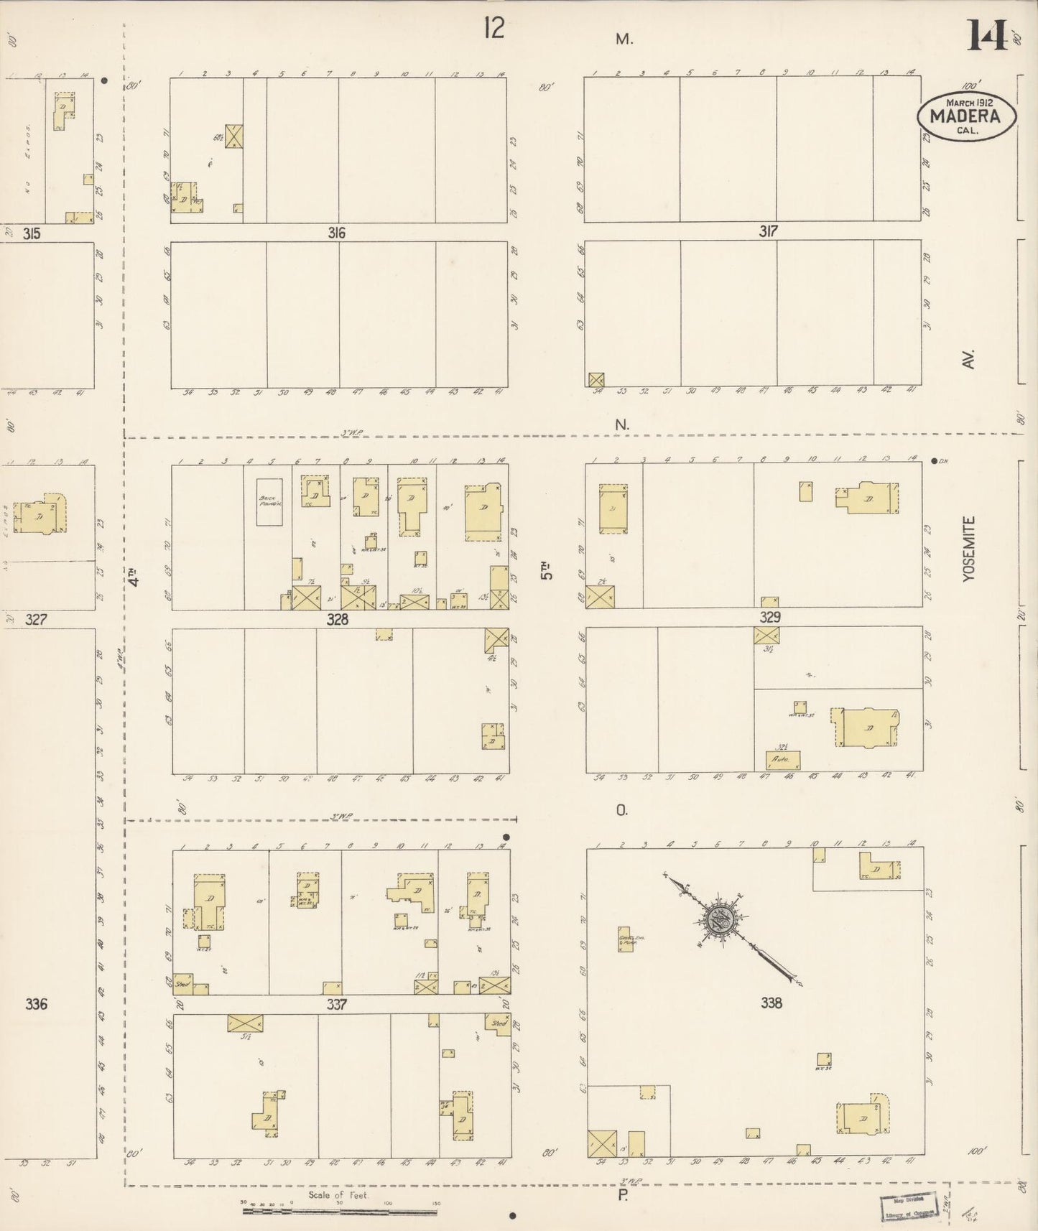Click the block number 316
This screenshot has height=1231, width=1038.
[336, 233]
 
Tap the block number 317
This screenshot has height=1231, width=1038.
[769, 231]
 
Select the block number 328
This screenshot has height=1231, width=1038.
[337, 619]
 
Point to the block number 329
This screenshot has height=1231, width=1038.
[770, 617]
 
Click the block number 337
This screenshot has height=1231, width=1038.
[337, 1005]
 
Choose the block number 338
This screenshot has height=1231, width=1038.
[771, 1003]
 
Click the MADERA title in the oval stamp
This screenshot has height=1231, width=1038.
[965, 116]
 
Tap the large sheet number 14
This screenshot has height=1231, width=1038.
[986, 36]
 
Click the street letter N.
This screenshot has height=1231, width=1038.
[621, 425]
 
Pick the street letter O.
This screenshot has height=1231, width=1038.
[621, 810]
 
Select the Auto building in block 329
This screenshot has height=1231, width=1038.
[782, 759]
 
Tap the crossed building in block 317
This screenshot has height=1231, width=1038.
[596, 380]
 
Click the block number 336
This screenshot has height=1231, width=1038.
[36, 1003]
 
